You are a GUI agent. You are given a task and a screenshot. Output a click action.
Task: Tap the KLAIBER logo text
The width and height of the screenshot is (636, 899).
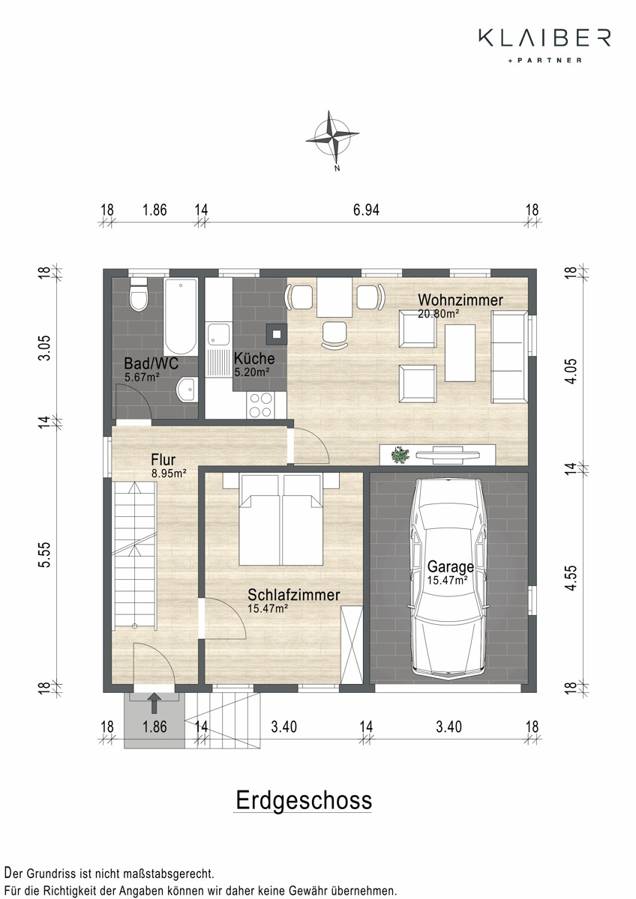[x=544, y=37]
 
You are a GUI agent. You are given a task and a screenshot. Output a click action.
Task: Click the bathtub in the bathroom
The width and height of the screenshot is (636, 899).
[x=181, y=317]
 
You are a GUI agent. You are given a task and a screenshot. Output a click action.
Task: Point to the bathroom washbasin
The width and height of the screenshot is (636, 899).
[x=187, y=389]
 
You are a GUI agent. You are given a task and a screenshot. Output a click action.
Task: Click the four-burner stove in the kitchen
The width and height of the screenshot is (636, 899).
[x=260, y=405]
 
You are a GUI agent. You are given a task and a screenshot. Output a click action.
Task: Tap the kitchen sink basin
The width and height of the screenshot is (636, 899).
[x=218, y=335]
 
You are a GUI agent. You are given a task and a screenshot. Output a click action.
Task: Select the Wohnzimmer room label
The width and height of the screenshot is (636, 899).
[x=460, y=300]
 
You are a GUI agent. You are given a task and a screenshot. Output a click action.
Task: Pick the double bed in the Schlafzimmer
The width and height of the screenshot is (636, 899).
[x=281, y=519]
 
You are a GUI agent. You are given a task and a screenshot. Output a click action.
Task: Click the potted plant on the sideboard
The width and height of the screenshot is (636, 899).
[x=400, y=455]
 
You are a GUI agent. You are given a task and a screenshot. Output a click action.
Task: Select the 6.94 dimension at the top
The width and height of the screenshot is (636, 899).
[x=366, y=210]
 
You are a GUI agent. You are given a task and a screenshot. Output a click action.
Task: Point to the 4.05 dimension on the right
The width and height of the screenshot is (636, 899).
[x=571, y=372]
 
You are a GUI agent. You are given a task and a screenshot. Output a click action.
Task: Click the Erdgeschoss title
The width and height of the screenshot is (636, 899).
[x=304, y=800]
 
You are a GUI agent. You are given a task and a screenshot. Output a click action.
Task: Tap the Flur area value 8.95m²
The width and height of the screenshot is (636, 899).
[x=169, y=473]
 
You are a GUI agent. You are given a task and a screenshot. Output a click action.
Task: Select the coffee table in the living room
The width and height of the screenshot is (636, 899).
[x=460, y=353]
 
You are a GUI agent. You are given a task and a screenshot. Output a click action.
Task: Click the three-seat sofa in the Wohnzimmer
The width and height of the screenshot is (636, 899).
[x=509, y=357]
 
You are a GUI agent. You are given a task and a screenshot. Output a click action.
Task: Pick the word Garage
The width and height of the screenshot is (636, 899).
[x=451, y=566]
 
